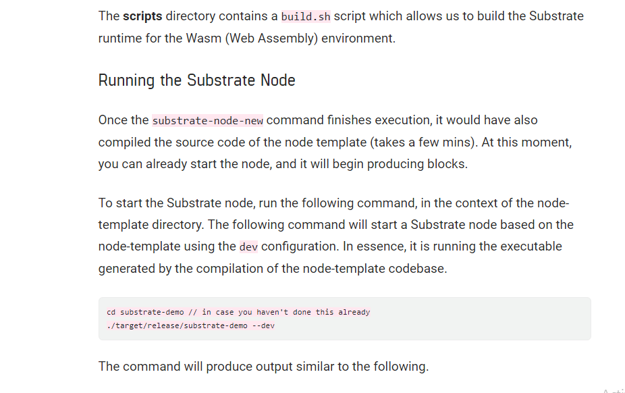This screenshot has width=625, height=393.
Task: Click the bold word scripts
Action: tap(142, 16)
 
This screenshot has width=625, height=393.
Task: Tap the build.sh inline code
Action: tap(306, 16)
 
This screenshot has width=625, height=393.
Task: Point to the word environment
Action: tap(357, 38)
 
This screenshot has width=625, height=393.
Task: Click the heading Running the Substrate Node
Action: tap(196, 80)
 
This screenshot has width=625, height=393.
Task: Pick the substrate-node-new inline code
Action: tap(208, 121)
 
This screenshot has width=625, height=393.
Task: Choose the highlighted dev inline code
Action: tap(248, 246)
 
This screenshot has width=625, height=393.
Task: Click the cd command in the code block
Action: tap(111, 312)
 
